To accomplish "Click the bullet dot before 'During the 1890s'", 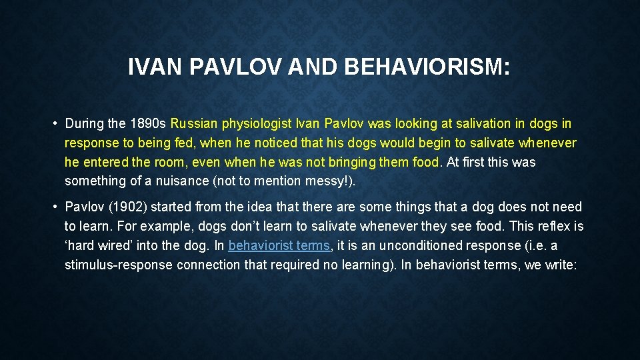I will coord(53,124).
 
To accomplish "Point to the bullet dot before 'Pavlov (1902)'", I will coord(53,207).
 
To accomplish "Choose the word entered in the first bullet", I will coord(104,162).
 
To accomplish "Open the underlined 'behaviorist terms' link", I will coord(279,245).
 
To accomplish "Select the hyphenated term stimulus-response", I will coord(118,265).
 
